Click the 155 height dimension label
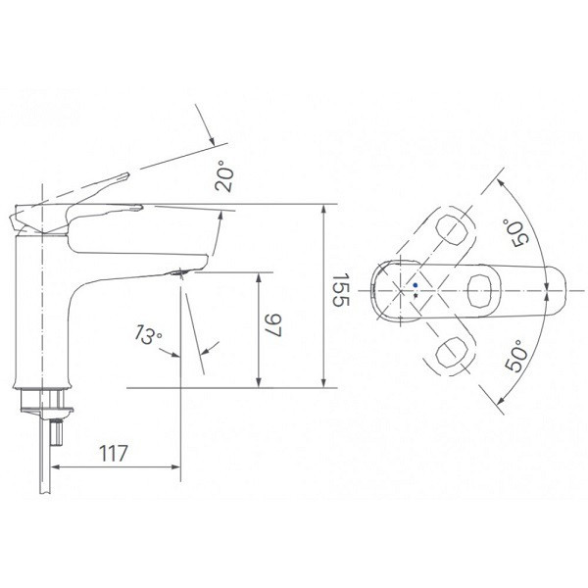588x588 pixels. tap(340, 289)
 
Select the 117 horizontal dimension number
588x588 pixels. tap(114, 453)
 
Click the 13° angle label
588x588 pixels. tap(148, 334)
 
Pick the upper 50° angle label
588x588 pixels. tap(515, 233)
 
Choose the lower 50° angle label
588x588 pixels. tap(516, 356)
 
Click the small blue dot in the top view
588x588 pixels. tap(415, 285)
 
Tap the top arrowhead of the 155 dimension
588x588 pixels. tap(324, 209)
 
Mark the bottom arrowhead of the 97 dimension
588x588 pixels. tap(259, 382)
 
